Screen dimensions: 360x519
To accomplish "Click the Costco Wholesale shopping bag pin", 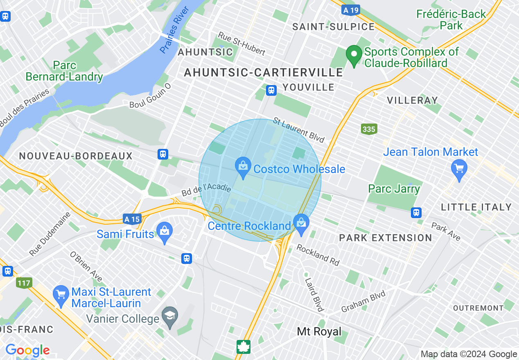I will pos(243,167).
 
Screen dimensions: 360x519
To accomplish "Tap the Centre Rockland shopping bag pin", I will pos(302,223).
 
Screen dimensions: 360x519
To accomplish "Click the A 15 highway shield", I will pos(132,219).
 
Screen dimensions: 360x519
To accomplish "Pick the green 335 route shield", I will pos(368,129).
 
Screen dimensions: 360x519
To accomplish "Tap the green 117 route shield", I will pos(25,283).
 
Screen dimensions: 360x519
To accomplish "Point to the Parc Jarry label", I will pos(394,189).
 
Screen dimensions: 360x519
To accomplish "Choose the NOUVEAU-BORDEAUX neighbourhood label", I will pos(76,156).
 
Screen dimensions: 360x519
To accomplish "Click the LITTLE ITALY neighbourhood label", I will pos(476,207).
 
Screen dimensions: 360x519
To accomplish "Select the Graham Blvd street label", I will pos(363,301).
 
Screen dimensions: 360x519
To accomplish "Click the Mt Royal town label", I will pos(319,331).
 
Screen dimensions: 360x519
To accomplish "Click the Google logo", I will pos(27,350).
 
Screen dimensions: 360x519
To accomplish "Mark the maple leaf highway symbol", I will pos(244,346).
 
